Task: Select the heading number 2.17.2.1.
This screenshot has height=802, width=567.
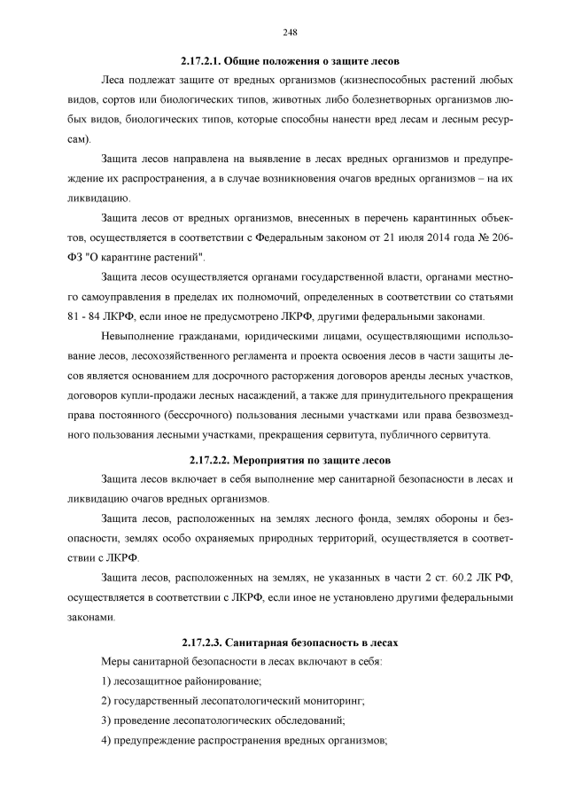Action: pyautogui.click(x=201, y=63)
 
